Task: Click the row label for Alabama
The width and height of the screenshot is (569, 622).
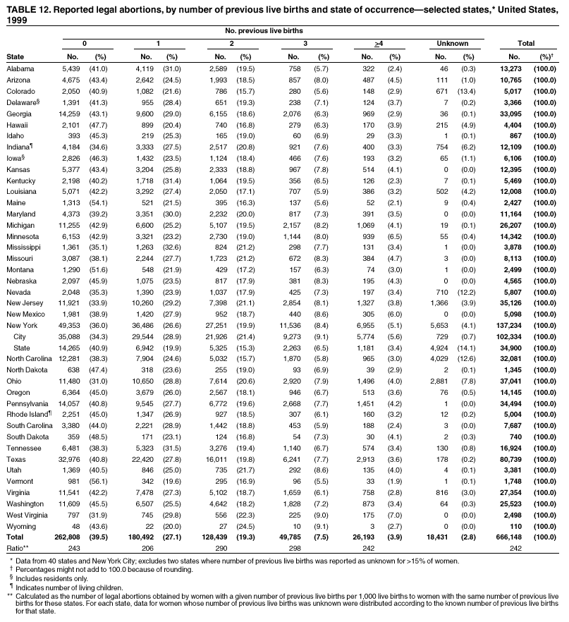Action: pos(19,68)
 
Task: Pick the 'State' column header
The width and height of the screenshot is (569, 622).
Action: pos(15,55)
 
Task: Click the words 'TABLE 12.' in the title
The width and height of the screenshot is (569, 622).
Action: pos(29,8)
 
